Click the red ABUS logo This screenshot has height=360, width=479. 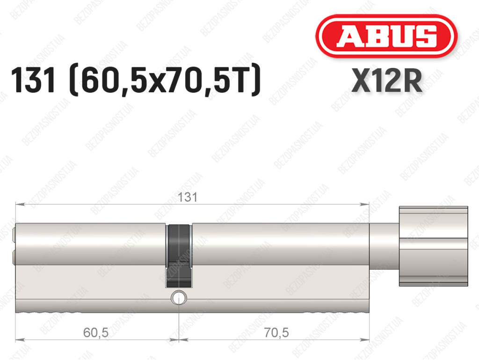(386, 36)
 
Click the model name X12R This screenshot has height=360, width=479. (387, 81)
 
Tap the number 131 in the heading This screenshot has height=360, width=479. (33, 80)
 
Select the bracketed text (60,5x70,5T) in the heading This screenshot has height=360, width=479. (165, 80)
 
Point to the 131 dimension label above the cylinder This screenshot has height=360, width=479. (188, 197)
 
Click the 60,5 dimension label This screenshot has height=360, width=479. (95, 332)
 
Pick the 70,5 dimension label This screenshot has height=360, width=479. (276, 332)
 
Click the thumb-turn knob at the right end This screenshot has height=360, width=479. (434, 246)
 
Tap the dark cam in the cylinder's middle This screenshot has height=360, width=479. (179, 256)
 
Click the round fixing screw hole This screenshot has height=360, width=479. (179, 298)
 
